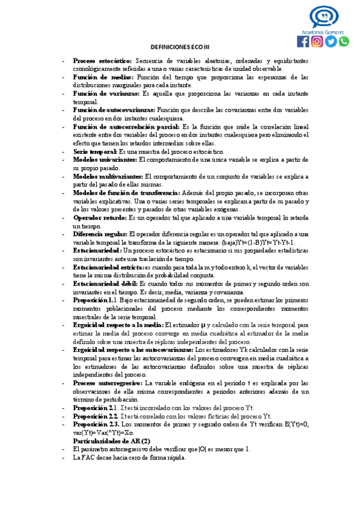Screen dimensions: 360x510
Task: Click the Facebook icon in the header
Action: [x=303, y=41]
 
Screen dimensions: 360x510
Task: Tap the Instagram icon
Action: [x=317, y=41]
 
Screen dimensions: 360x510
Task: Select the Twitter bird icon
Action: [x=331, y=41]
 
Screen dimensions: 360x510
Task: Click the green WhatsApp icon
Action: [x=344, y=41]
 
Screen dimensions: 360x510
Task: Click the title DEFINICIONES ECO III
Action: [x=180, y=48]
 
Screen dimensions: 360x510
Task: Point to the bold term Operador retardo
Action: [x=100, y=218]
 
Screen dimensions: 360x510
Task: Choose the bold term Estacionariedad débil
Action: [x=105, y=283]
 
